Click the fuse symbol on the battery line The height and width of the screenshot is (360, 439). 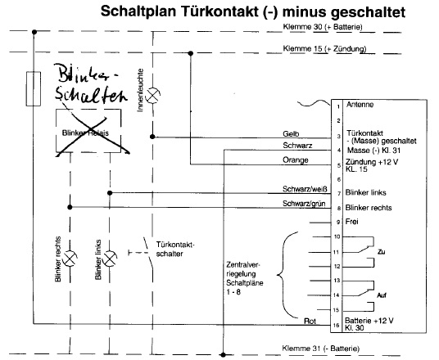click(x=34, y=88)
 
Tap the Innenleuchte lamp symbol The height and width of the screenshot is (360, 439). click(x=153, y=96)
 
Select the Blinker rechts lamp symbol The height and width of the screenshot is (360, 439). click(x=70, y=259)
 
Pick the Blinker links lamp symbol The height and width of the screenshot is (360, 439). click(x=110, y=259)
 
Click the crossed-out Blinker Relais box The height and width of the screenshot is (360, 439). click(x=88, y=131)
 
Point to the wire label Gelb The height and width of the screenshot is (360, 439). click(x=291, y=134)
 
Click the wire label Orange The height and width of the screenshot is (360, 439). click(x=296, y=160)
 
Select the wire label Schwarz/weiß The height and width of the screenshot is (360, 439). click(x=305, y=189)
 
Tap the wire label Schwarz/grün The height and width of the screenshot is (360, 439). click(x=304, y=204)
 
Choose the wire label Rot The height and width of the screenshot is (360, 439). click(x=310, y=321)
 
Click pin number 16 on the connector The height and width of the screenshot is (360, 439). click(x=337, y=325)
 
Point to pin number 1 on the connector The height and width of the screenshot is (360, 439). click(x=338, y=106)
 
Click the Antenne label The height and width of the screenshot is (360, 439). click(x=360, y=105)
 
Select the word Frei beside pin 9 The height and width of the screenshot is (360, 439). click(x=351, y=222)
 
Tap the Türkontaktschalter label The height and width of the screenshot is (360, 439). click(x=175, y=250)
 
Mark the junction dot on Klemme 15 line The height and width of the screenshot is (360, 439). click(x=191, y=53)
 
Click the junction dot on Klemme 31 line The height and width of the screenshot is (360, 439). click(x=223, y=355)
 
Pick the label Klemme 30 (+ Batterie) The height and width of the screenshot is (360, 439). click(x=323, y=27)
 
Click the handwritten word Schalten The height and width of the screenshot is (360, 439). click(x=91, y=95)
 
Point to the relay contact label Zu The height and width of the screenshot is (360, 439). click(x=382, y=252)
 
